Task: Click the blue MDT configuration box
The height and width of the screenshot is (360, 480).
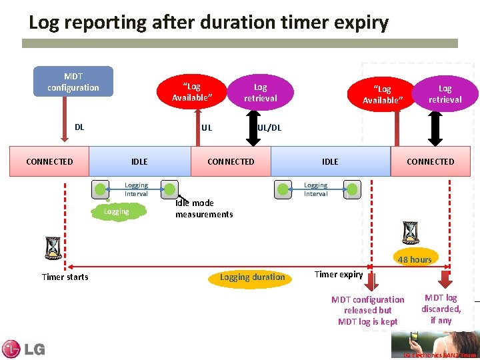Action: pyautogui.click(x=73, y=81)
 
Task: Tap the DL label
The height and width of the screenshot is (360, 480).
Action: pyautogui.click(x=79, y=127)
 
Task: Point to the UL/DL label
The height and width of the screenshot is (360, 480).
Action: pyautogui.click(x=270, y=127)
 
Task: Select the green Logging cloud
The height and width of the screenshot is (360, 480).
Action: pyautogui.click(x=117, y=211)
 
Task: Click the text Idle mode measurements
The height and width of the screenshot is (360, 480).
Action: pyautogui.click(x=204, y=209)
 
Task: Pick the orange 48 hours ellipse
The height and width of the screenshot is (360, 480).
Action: pyautogui.click(x=415, y=259)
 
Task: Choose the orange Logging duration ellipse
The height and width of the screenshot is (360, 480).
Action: pyautogui.click(x=252, y=277)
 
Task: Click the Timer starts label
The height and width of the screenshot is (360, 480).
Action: pyautogui.click(x=65, y=277)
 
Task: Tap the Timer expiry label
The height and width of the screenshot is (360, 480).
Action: pyautogui.click(x=338, y=274)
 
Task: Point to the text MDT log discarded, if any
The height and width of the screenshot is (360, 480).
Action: pyautogui.click(x=441, y=309)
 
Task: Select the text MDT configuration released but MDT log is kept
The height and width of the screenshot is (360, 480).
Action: pyautogui.click(x=367, y=311)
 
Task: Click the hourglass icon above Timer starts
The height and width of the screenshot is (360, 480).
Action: pyautogui.click(x=53, y=248)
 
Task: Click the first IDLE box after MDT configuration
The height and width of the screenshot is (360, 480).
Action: pyautogui.click(x=139, y=161)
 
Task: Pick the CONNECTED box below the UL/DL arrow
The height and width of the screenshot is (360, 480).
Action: pyautogui.click(x=231, y=161)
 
